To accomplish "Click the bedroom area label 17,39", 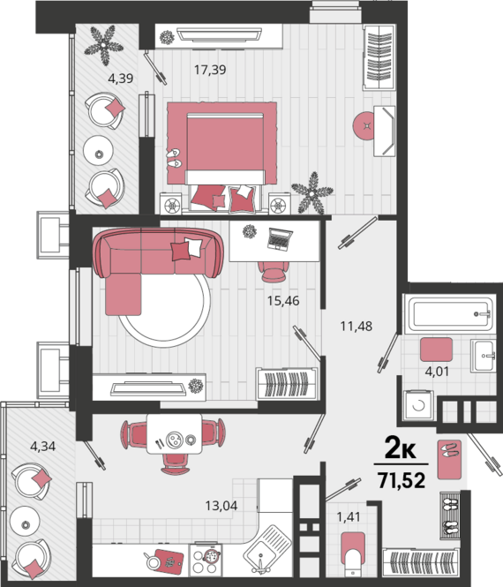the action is (x=210, y=70).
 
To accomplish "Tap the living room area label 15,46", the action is (x=283, y=301).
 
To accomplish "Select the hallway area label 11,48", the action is (x=357, y=326).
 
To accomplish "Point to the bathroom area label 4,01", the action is (x=437, y=372).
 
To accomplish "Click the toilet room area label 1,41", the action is (x=349, y=517).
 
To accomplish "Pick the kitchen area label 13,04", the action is (x=221, y=506).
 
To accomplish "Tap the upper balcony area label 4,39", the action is (x=121, y=79).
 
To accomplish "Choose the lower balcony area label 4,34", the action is (x=42, y=447).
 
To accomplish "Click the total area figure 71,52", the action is (x=402, y=480).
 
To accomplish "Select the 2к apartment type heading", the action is (x=400, y=448).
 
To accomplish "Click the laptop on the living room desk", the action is (x=280, y=239).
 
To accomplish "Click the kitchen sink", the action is (x=268, y=546).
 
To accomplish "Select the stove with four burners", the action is (x=206, y=560).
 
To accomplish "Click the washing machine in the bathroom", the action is (x=419, y=405).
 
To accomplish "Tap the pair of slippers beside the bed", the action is (x=174, y=158).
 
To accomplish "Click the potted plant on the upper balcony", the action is (x=103, y=45).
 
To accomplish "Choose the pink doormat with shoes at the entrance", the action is (x=449, y=460).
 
